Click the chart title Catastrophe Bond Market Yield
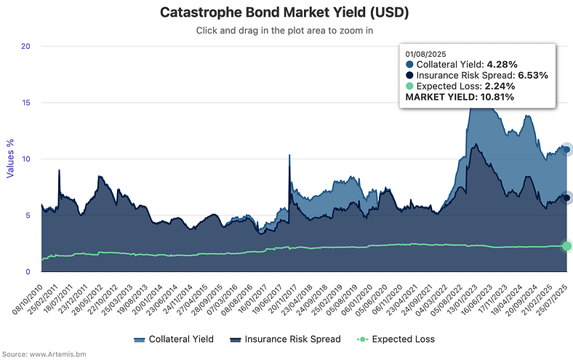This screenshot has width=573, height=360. click(x=286, y=12)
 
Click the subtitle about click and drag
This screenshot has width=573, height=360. click(x=286, y=31)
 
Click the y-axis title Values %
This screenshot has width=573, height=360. click(x=10, y=159)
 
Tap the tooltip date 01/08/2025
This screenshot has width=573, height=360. click(x=426, y=53)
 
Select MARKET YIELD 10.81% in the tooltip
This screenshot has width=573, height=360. click(x=460, y=97)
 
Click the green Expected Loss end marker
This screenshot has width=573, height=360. click(x=566, y=246)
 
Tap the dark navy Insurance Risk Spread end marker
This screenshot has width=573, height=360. click(x=566, y=198)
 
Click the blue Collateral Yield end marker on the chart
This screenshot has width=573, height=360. click(x=566, y=150)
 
